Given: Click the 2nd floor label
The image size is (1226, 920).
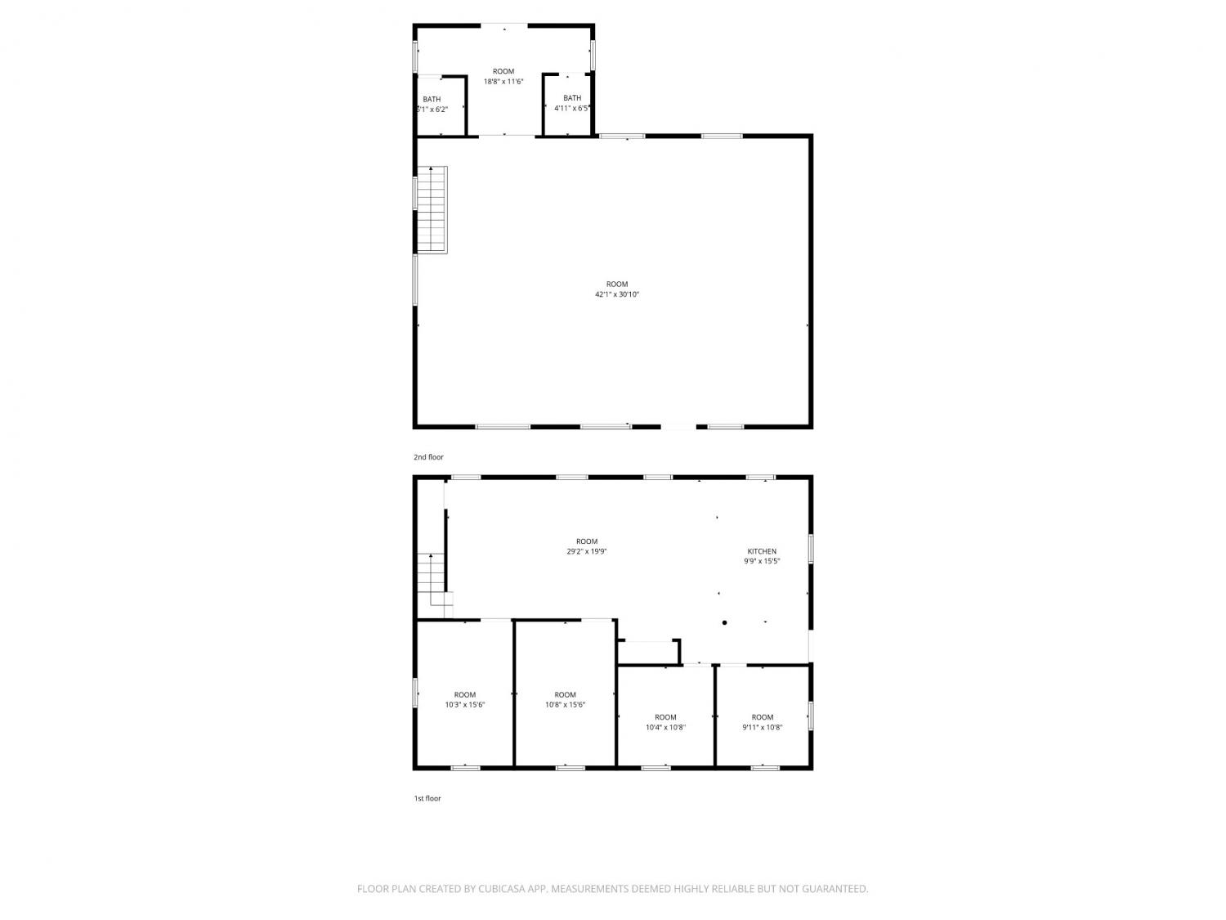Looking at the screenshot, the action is point(427,457).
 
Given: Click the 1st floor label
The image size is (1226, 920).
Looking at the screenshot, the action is point(427,798).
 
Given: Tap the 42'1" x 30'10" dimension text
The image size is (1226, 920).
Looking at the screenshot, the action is point(616,294).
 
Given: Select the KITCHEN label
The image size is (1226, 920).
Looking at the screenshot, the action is point(762,551).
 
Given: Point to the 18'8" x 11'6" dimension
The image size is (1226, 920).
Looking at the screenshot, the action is point(503,82).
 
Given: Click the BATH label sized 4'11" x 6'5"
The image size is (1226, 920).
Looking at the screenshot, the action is point(572,98).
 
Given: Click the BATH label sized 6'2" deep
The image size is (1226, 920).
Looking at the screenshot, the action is point(432,100).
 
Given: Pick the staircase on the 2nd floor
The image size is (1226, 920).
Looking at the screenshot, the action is point(432,209).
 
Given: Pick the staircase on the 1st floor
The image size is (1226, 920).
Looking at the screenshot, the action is point(435,585).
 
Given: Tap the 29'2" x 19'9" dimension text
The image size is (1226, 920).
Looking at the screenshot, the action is point(587,551).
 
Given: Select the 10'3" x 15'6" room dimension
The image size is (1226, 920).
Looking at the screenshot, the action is point(465,705).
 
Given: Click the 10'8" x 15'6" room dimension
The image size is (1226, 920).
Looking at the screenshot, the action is point(566,705).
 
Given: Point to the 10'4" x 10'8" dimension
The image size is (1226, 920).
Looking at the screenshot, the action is point(665,727).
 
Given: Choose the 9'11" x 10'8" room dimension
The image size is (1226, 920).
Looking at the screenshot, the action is point(763,727).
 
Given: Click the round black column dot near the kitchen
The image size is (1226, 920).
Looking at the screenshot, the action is point(724,622).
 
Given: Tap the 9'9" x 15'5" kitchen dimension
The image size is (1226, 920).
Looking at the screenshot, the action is point(762,561).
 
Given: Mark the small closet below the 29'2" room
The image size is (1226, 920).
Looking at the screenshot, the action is point(647,653).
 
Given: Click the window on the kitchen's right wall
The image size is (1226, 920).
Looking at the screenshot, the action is point(811,549).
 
